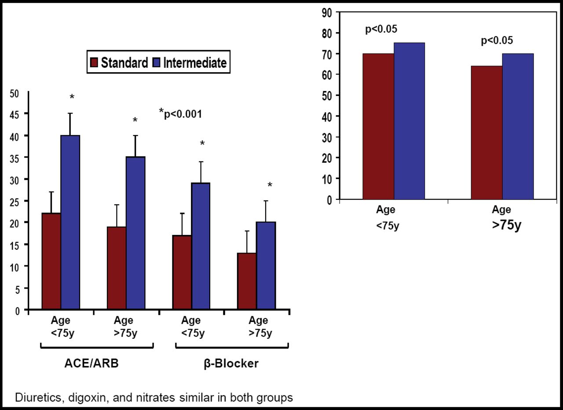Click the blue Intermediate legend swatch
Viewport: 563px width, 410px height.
(157, 63)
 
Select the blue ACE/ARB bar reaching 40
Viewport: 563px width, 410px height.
(70, 222)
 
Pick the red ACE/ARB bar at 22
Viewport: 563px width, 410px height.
(51, 261)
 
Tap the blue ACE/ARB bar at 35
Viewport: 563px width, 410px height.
(135, 233)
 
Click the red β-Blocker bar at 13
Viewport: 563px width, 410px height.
(247, 281)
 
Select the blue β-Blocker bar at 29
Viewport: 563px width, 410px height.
(200, 246)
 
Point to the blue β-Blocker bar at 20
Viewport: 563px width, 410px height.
(266, 266)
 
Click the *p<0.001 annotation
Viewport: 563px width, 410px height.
(180, 113)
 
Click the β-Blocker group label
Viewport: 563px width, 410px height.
(231, 364)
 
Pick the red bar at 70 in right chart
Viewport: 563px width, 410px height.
(378, 126)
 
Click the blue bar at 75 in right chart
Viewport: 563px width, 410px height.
(409, 121)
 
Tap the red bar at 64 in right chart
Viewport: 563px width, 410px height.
(486, 132)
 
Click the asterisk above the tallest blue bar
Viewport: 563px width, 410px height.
(72, 97)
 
